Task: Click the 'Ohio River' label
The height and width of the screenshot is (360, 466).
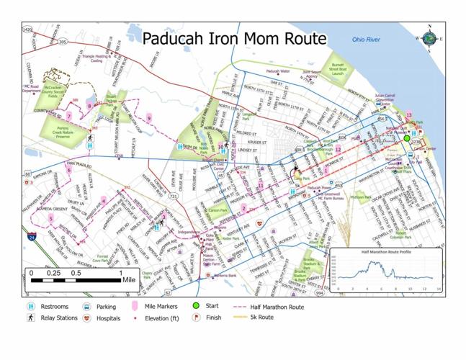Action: tap(367, 40)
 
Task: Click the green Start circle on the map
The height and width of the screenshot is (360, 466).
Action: tap(407, 138)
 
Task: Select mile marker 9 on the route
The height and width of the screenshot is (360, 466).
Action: tap(149, 117)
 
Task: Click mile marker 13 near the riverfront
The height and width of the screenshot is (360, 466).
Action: tap(408, 115)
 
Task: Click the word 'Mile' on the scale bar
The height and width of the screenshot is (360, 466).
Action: tap(129, 280)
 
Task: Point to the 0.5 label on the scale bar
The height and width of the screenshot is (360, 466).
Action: tap(75, 274)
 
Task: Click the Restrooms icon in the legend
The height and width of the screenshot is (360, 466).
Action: tap(30, 307)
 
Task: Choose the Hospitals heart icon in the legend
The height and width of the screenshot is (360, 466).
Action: tap(87, 318)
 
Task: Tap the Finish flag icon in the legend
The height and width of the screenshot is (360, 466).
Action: tap(195, 318)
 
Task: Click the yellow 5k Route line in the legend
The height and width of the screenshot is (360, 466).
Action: tap(238, 318)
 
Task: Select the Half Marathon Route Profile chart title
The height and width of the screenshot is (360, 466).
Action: tap(387, 253)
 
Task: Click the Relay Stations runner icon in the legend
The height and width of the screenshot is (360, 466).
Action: tap(30, 318)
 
